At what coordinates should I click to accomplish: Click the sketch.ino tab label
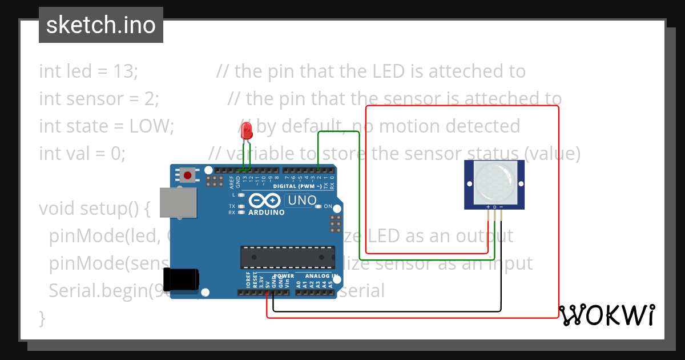tap(100, 25)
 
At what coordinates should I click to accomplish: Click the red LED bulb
tap(247, 131)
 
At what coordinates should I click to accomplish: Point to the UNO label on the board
tap(302, 201)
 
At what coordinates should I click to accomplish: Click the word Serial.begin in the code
tap(97, 291)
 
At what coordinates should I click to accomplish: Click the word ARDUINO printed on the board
tap(266, 213)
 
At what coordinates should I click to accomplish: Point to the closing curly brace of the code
tap(42, 318)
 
